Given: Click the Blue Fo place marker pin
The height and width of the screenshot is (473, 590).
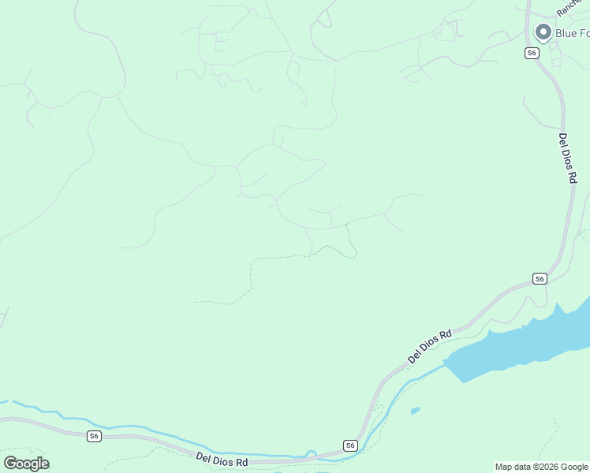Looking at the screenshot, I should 543,32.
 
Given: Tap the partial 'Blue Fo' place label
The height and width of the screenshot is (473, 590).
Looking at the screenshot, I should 572,33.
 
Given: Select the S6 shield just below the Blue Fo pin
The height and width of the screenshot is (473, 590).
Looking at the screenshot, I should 532,53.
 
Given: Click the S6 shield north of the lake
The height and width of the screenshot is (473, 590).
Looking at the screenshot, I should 540,278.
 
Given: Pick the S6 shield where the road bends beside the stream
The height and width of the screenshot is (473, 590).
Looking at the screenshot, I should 350,445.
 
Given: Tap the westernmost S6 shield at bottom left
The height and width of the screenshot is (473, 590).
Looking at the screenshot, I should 94,436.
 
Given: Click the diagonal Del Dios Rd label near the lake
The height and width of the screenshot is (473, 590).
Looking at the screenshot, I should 430,346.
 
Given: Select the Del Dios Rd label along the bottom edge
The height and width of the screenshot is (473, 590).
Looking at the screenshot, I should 222,460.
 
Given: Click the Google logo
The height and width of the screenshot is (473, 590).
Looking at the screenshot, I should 26,464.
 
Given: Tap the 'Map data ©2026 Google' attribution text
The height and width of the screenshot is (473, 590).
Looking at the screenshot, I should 542,467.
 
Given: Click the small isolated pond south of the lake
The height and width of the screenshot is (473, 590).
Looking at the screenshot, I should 415,410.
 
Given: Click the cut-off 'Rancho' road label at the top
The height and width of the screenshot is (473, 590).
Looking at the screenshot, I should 569,7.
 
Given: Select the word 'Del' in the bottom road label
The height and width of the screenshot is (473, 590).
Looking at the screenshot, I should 204,457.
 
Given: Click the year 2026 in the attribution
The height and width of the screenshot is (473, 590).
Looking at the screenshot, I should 550,467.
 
